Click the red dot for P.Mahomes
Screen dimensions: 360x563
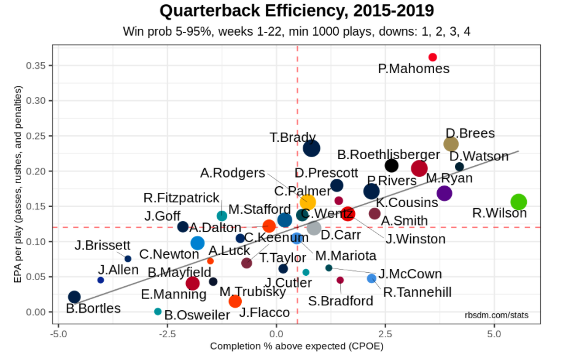tap(432, 57)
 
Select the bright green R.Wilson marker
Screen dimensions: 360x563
tap(519, 202)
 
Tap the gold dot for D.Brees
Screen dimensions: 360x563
tap(451, 144)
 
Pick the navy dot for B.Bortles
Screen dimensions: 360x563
tap(74, 297)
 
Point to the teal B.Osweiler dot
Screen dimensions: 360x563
tap(158, 311)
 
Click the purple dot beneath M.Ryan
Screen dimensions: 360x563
tap(445, 194)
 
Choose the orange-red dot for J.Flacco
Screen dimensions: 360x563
tap(235, 301)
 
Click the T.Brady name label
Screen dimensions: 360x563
tap(293, 138)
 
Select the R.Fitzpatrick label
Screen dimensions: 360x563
tap(181, 198)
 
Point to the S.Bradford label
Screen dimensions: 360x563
tap(341, 301)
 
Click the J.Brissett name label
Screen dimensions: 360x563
tap(103, 246)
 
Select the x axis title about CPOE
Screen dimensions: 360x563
tap(297, 347)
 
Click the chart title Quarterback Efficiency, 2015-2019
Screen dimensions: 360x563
tap(297, 11)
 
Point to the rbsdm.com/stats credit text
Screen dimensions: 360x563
tap(497, 316)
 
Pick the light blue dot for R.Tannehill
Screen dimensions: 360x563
tap(371, 278)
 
